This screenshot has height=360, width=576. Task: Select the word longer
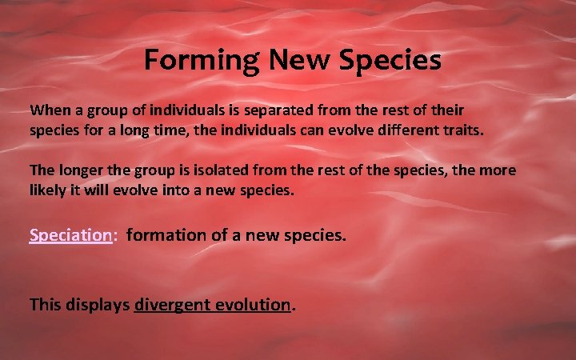82,170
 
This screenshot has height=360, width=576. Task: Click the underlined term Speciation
70,235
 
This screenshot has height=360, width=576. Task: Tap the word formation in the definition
164,235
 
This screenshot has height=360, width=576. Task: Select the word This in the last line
44,304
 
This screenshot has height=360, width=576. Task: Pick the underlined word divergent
170,304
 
